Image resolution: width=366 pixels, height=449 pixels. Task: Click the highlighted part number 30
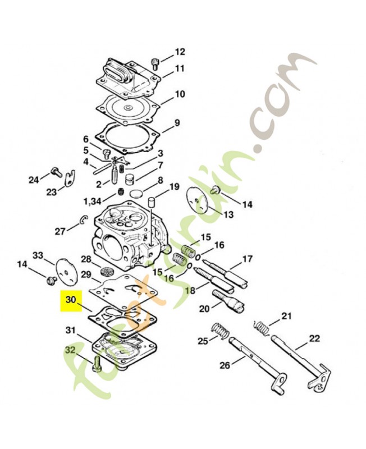pyautogui.click(x=71, y=300)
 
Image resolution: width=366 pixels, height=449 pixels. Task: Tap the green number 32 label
pyautogui.click(x=71, y=350)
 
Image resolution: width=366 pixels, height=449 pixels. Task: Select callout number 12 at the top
pyautogui.click(x=180, y=52)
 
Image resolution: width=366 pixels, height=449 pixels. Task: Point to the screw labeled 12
pyautogui.click(x=155, y=63)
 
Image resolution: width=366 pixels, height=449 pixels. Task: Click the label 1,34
pyautogui.click(x=92, y=202)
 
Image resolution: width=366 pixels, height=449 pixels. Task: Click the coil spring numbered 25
pyautogui.click(x=221, y=331)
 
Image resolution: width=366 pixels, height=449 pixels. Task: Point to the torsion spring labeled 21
pyautogui.click(x=262, y=328)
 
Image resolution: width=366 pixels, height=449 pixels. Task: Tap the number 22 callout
pyautogui.click(x=314, y=338)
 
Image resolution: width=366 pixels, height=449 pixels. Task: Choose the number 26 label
pyautogui.click(x=225, y=365)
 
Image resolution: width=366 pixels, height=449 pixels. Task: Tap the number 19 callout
pyautogui.click(x=174, y=187)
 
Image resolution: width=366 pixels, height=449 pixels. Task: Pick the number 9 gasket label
pyautogui.click(x=177, y=123)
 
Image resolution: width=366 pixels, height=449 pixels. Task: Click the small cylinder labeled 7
pyautogui.click(x=130, y=180)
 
